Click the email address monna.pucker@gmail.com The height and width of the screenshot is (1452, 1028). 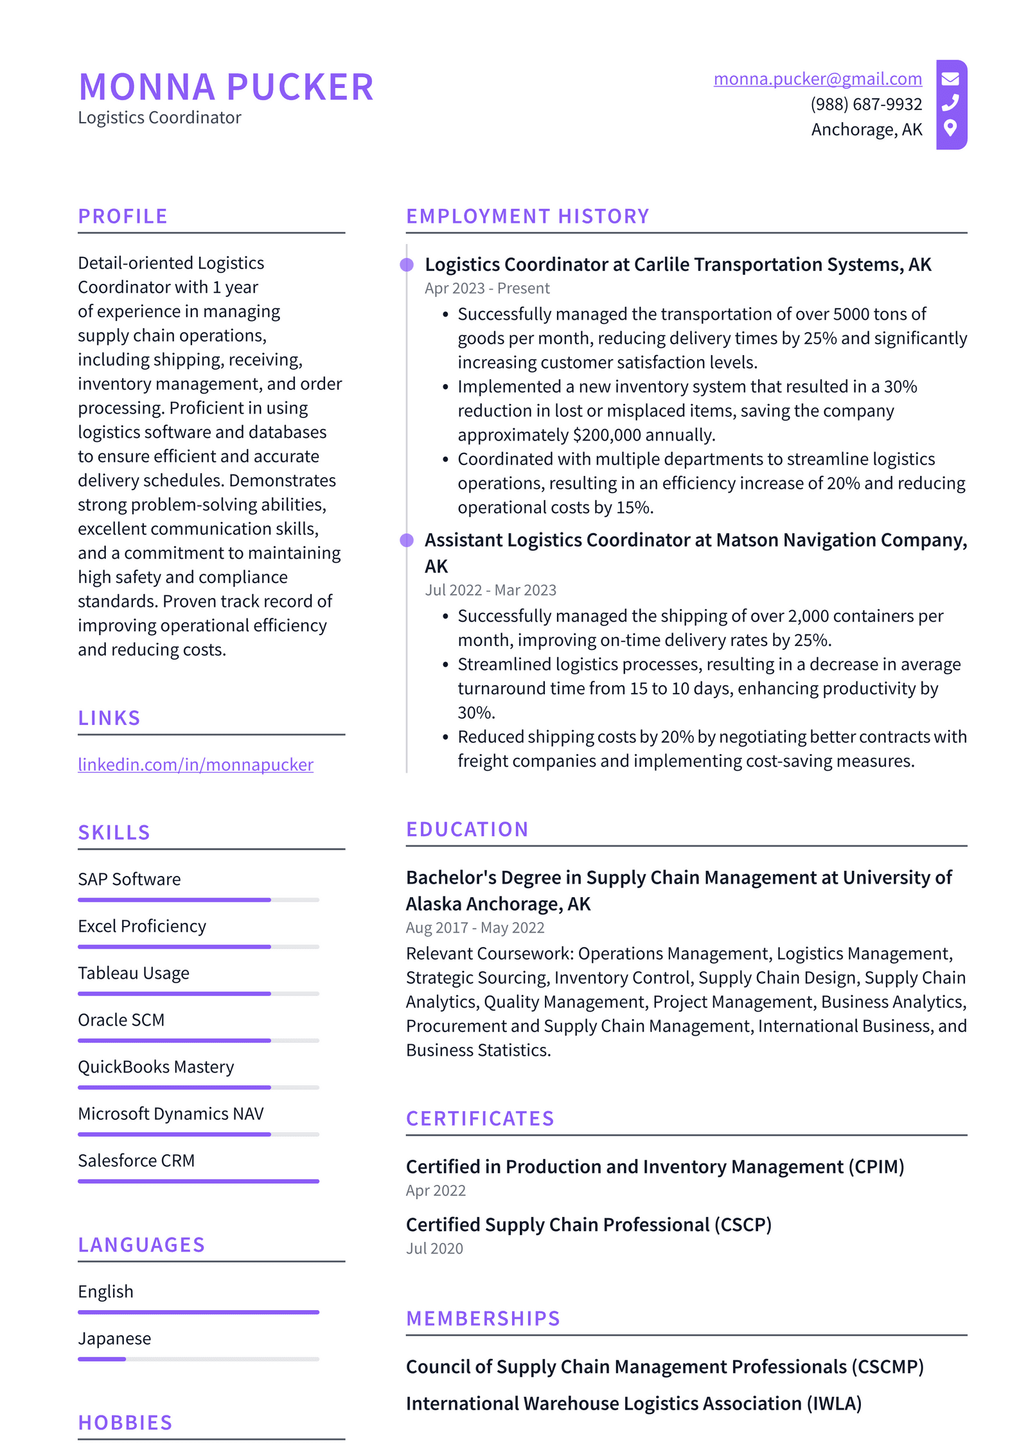[817, 78]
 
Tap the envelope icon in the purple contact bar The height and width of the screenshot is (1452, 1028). [950, 78]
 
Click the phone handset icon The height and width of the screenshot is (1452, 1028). [950, 103]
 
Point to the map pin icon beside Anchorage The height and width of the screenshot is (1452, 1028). [950, 128]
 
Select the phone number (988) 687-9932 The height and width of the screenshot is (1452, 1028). [865, 104]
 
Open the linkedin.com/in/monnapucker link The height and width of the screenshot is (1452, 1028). [195, 764]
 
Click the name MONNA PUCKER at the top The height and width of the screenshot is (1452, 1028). [226, 87]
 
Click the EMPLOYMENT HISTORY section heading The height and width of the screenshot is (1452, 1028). [527, 216]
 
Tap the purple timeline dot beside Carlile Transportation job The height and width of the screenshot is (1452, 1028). [407, 265]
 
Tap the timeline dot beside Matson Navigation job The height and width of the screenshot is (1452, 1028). [407, 540]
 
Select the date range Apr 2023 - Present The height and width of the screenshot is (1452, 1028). [486, 288]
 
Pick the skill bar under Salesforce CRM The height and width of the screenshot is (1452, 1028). [198, 1181]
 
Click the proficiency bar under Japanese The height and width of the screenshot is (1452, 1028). [198, 1359]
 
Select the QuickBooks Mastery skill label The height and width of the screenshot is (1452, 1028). [155, 1067]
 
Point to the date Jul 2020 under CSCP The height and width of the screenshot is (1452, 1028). [434, 1248]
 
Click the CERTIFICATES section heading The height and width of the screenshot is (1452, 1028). [479, 1119]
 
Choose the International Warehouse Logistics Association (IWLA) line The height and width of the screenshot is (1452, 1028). [633, 1403]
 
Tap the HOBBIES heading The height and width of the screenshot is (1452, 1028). [125, 1422]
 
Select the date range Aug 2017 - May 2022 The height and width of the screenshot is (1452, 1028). [475, 928]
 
